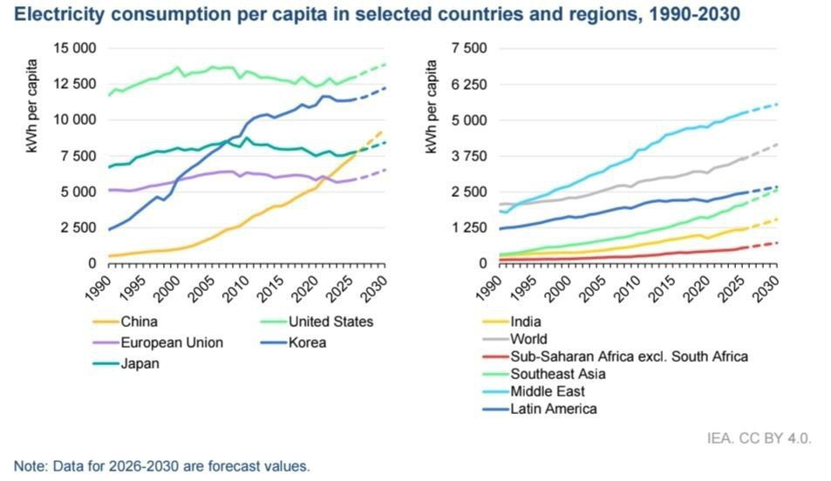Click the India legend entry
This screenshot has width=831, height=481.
(526, 322)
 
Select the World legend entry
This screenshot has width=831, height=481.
(529, 339)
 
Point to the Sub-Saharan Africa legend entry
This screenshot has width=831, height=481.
(629, 356)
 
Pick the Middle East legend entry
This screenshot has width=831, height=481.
(548, 391)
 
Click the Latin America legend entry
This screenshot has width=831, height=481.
(553, 409)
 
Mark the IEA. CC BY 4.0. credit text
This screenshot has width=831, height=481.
(759, 437)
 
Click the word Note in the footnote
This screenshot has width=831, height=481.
(31, 466)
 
